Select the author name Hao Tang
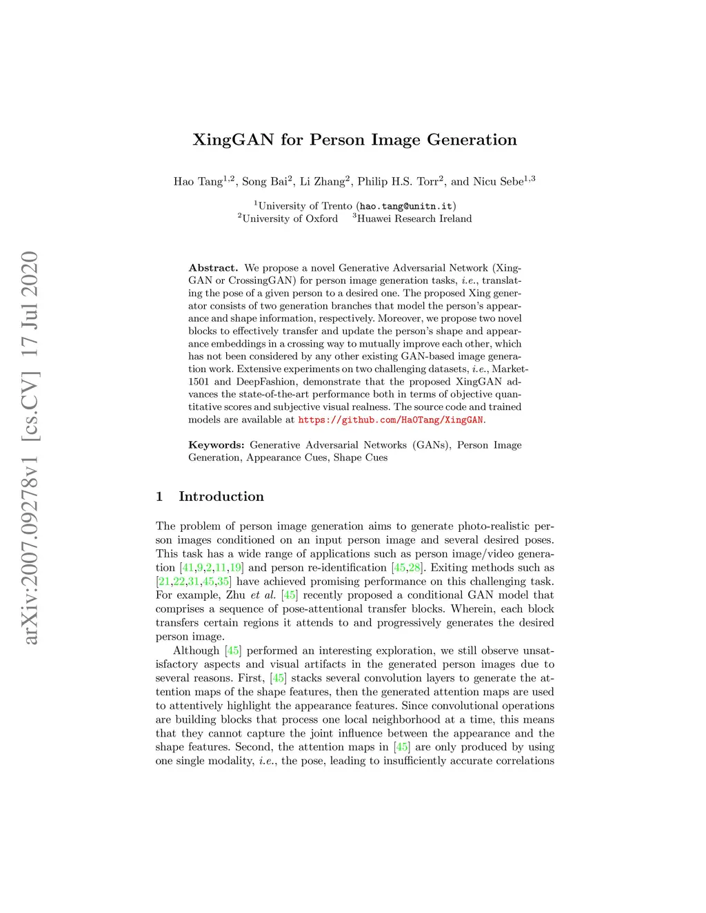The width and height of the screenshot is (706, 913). (x=198, y=182)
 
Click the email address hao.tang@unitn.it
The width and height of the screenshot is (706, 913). (x=406, y=206)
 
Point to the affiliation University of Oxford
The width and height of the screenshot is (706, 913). (x=290, y=219)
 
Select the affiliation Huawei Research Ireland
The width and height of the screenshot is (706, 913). (x=414, y=219)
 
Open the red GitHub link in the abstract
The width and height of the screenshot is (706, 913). (x=391, y=420)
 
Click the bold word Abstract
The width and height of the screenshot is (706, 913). (x=213, y=268)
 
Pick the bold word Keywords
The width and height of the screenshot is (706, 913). (x=216, y=445)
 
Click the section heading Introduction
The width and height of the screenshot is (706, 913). (x=221, y=497)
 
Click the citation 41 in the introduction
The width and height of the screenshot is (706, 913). (x=188, y=568)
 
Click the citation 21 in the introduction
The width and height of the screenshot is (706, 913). (x=164, y=582)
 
